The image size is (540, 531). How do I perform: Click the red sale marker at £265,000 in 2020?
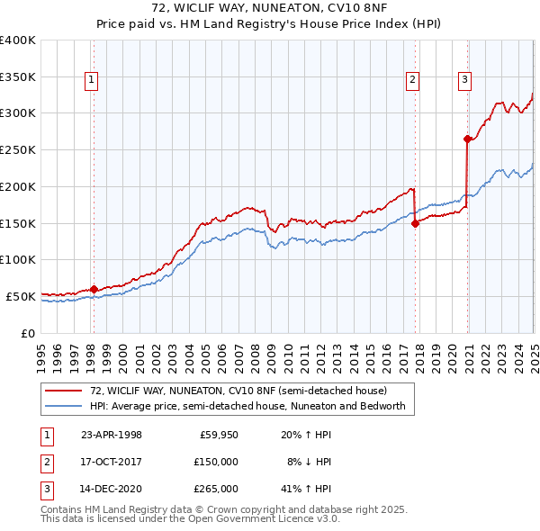[467, 139]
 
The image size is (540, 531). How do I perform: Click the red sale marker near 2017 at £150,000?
[415, 224]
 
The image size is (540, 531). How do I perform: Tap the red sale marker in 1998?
[94, 289]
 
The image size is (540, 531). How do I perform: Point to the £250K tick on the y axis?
[17, 149]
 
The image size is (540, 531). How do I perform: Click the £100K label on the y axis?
[17, 259]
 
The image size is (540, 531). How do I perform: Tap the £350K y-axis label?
[17, 76]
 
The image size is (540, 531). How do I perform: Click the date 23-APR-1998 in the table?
[112, 435]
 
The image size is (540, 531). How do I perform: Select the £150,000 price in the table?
[218, 462]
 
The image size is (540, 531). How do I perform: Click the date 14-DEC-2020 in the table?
[112, 489]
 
